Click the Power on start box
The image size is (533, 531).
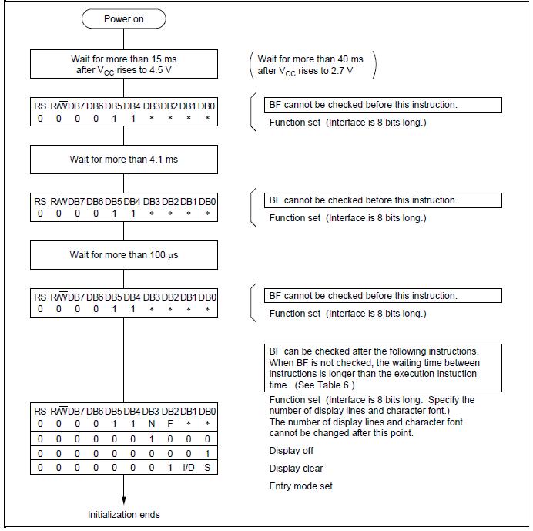[x=123, y=18]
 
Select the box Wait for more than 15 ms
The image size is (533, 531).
[x=123, y=65]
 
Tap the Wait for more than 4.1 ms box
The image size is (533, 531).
[x=123, y=160]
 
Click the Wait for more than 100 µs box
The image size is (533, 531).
[x=123, y=254]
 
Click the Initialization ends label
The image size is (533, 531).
[x=124, y=514]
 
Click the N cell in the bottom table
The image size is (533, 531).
[x=152, y=423]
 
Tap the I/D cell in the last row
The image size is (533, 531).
[x=189, y=467]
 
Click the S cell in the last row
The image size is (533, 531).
[x=207, y=467]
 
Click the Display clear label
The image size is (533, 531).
[x=296, y=468]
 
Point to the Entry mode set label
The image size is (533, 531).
[x=300, y=486]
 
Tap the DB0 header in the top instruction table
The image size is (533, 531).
[x=207, y=105]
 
